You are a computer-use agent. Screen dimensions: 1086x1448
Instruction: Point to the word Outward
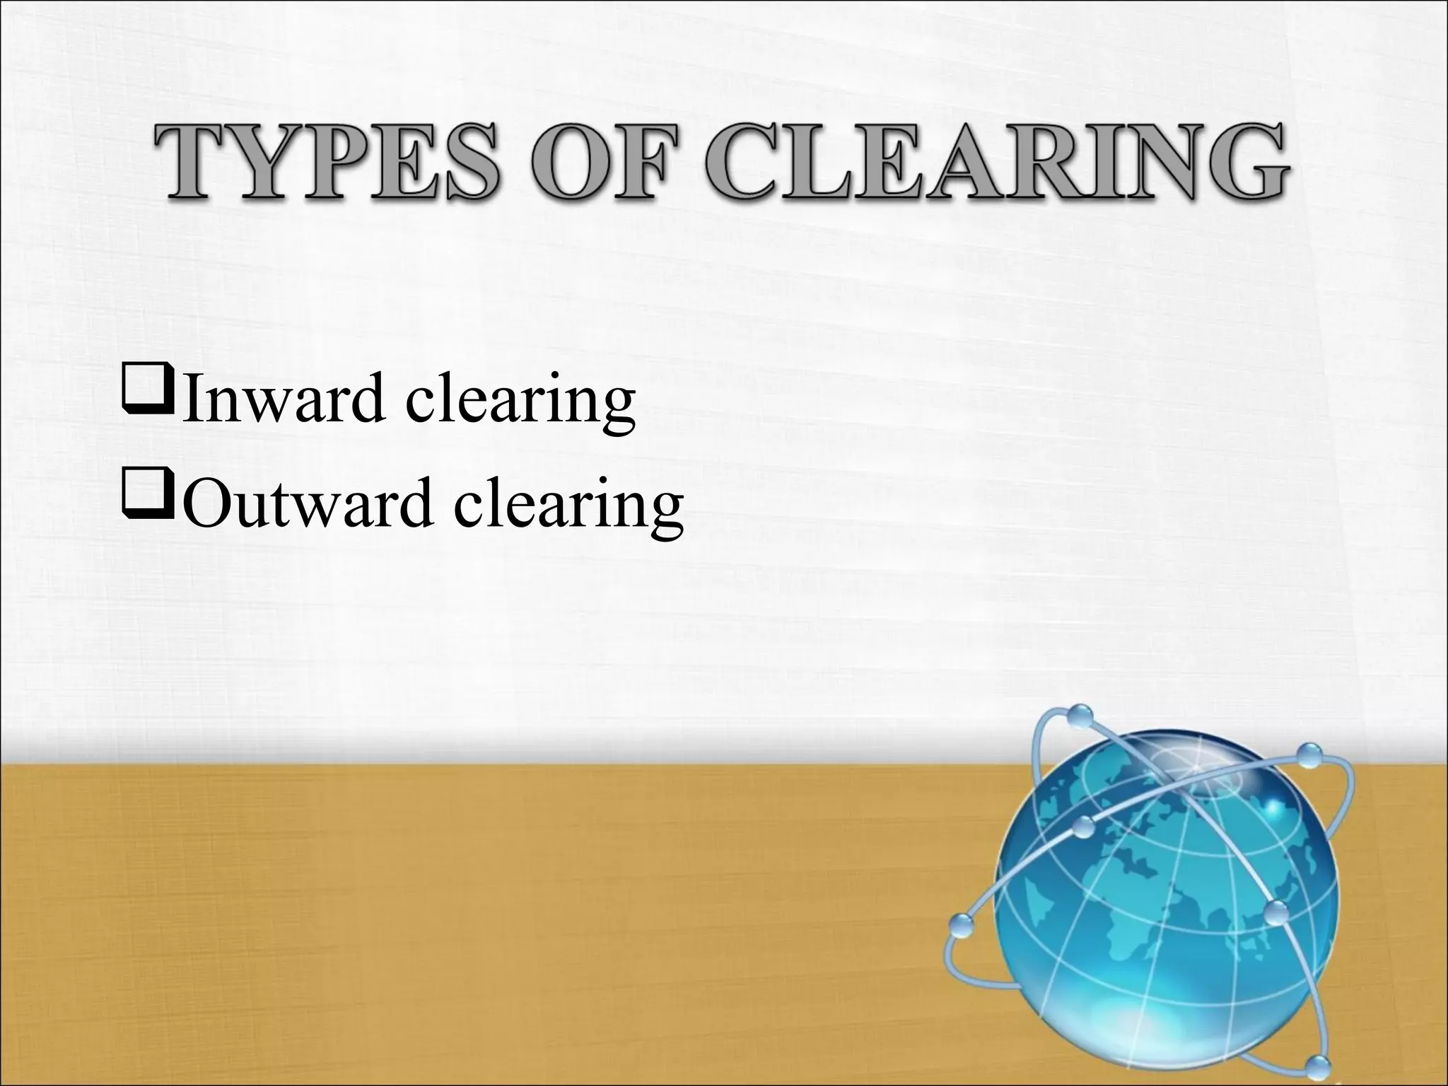point(311,504)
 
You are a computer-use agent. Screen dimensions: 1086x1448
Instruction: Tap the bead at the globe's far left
point(962,925)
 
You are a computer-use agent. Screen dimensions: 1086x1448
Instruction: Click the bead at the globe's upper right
point(1310,754)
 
